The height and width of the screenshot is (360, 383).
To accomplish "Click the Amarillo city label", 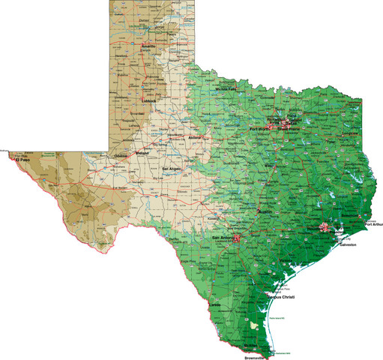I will [148, 46].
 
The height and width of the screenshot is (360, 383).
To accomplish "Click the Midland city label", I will [142, 154].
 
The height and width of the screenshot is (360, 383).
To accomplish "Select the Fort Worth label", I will [260, 129].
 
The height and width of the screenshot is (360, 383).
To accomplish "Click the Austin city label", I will [264, 213].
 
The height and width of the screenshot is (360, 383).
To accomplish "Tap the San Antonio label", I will [223, 238].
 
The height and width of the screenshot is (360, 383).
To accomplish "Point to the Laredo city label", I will [215, 305].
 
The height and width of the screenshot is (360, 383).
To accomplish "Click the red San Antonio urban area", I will [237, 238].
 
